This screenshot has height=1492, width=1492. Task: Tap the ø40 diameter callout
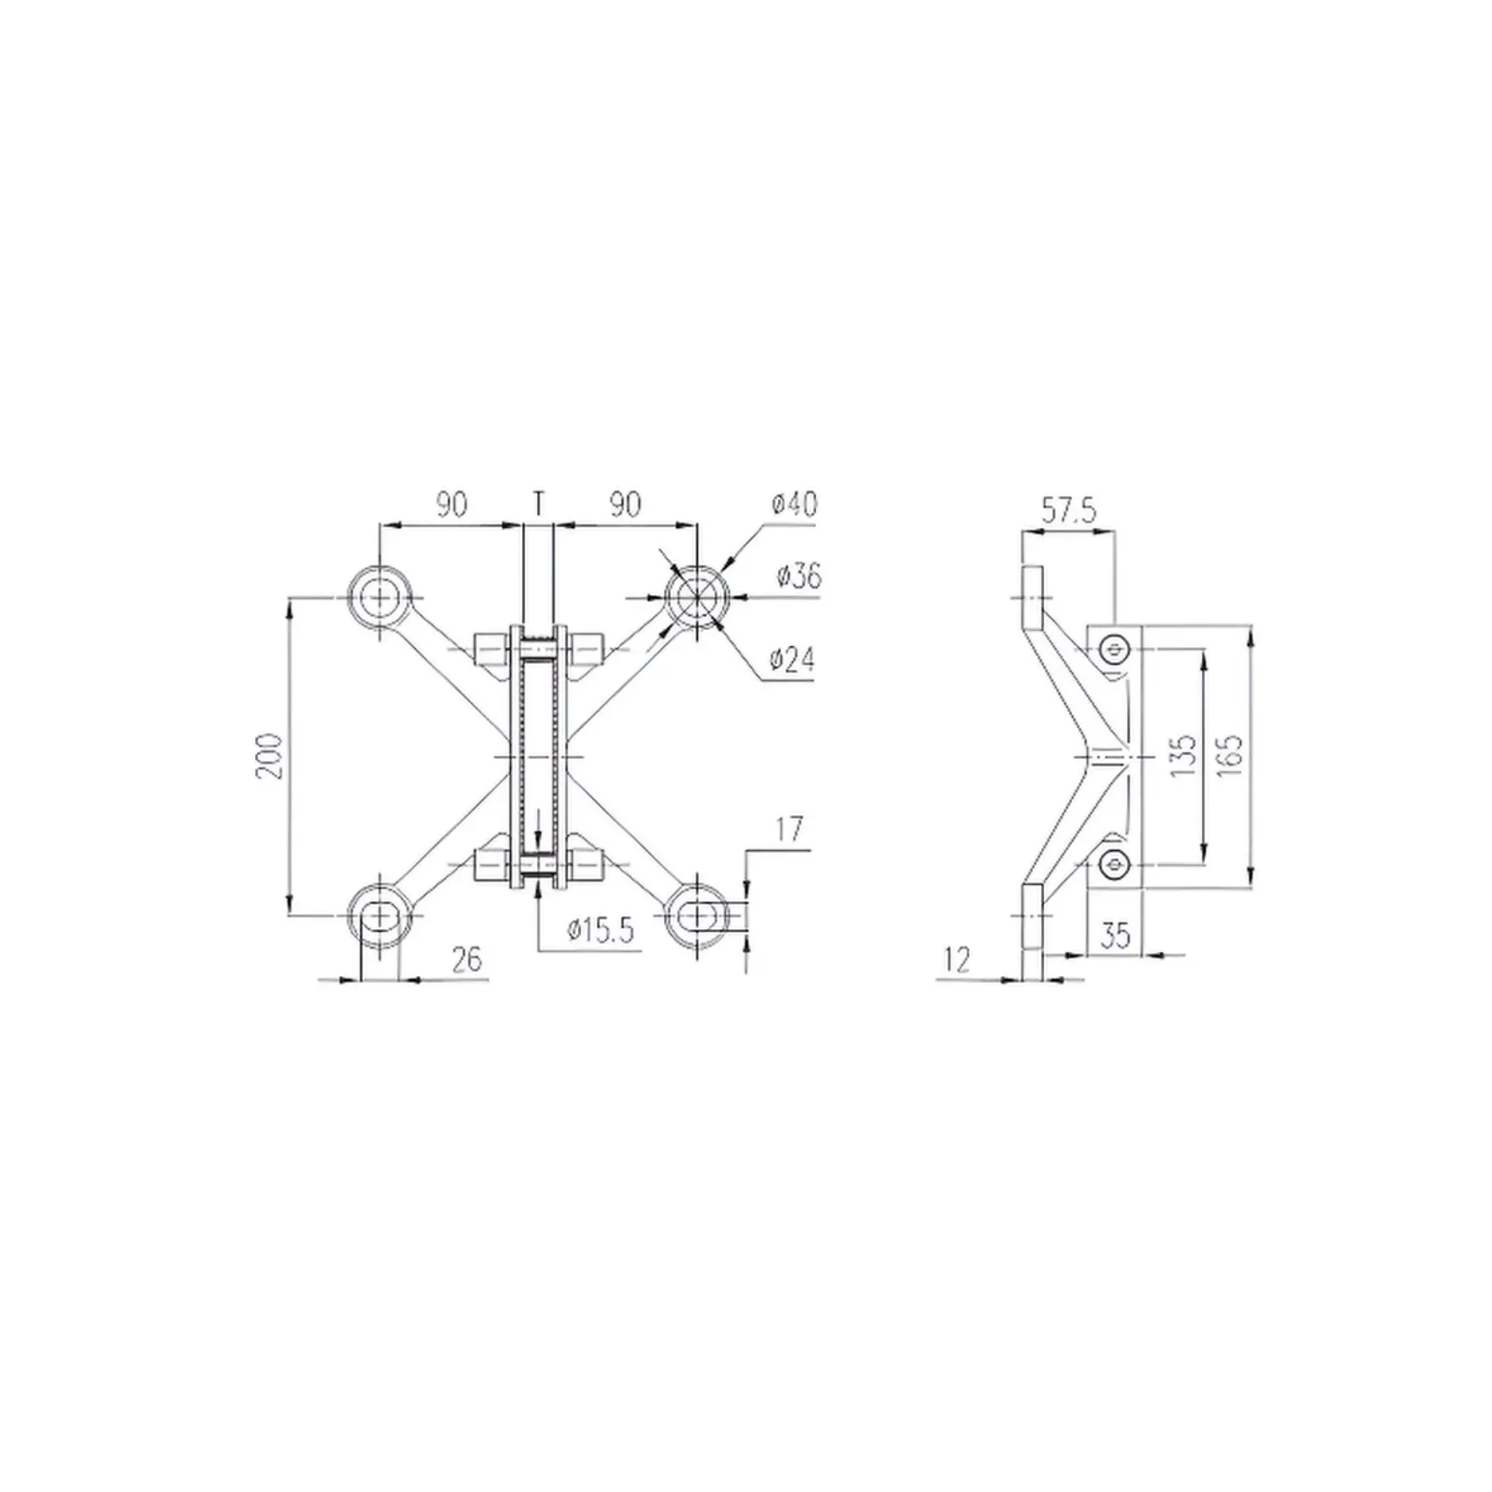(x=795, y=504)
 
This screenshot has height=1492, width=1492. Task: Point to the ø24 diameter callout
(x=791, y=660)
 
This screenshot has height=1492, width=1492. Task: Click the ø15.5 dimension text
(x=601, y=931)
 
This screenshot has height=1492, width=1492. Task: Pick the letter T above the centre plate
(x=538, y=503)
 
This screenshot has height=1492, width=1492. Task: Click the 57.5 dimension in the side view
(x=1069, y=511)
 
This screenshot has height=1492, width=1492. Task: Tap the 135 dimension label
(x=1183, y=755)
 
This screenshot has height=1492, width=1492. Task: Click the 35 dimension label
(x=1115, y=935)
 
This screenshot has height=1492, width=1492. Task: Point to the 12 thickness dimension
(x=956, y=961)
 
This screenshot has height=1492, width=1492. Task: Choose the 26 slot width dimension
(x=467, y=960)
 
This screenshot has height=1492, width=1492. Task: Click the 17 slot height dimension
(x=789, y=830)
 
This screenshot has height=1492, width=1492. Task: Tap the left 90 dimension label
(x=451, y=504)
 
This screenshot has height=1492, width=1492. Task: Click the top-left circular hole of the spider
(x=380, y=598)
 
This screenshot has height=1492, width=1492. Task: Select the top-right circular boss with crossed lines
(x=696, y=598)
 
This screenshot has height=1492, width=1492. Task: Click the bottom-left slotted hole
(x=380, y=916)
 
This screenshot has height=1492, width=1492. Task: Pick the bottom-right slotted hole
(x=696, y=916)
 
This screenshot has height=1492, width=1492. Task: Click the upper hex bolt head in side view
(x=1114, y=651)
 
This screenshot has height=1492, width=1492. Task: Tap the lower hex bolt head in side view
(x=1114, y=865)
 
